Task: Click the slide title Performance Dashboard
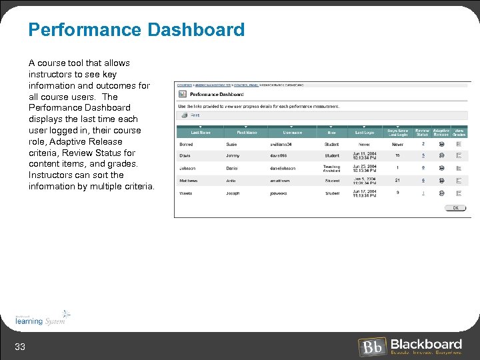point(136,30)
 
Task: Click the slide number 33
point(20,345)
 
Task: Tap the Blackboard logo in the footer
point(410,346)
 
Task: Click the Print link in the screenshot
point(195,115)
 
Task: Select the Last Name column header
point(201,133)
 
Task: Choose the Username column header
point(292,133)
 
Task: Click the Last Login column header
point(364,133)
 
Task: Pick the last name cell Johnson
point(187,168)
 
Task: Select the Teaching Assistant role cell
point(331,169)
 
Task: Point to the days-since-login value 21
point(397,181)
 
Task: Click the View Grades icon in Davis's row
point(459,155)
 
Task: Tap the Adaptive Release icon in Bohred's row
point(441,144)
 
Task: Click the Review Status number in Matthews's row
point(423,181)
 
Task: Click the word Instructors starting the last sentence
point(51,175)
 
